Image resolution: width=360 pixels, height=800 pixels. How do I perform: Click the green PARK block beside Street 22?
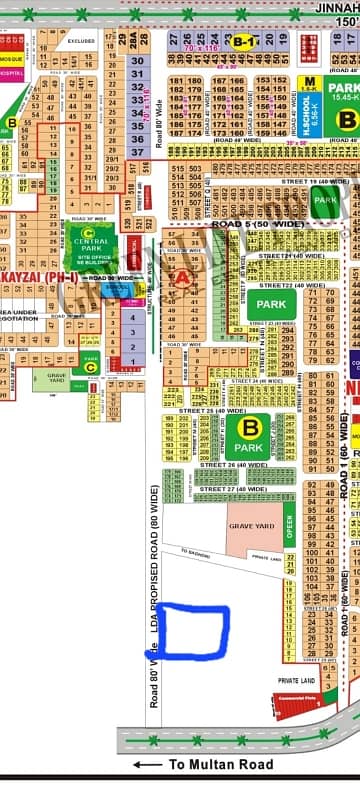pyautogui.click(x=271, y=304)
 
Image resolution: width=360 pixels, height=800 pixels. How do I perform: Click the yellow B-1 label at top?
pyautogui.click(x=243, y=42)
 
